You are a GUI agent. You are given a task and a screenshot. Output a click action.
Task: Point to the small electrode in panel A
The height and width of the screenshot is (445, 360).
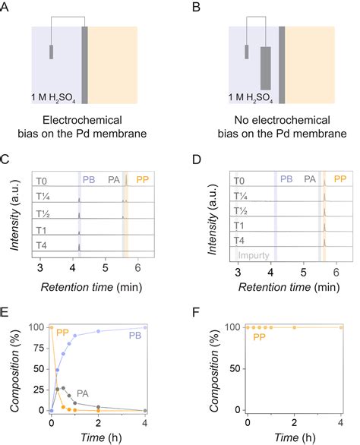[x=51, y=52]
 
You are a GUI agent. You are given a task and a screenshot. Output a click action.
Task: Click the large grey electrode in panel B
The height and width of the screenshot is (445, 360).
[x=265, y=68]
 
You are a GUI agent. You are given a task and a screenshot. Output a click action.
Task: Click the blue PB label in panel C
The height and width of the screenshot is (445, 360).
[x=90, y=179]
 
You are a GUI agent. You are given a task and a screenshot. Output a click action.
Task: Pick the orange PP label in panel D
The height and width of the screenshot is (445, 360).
[x=340, y=179]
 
